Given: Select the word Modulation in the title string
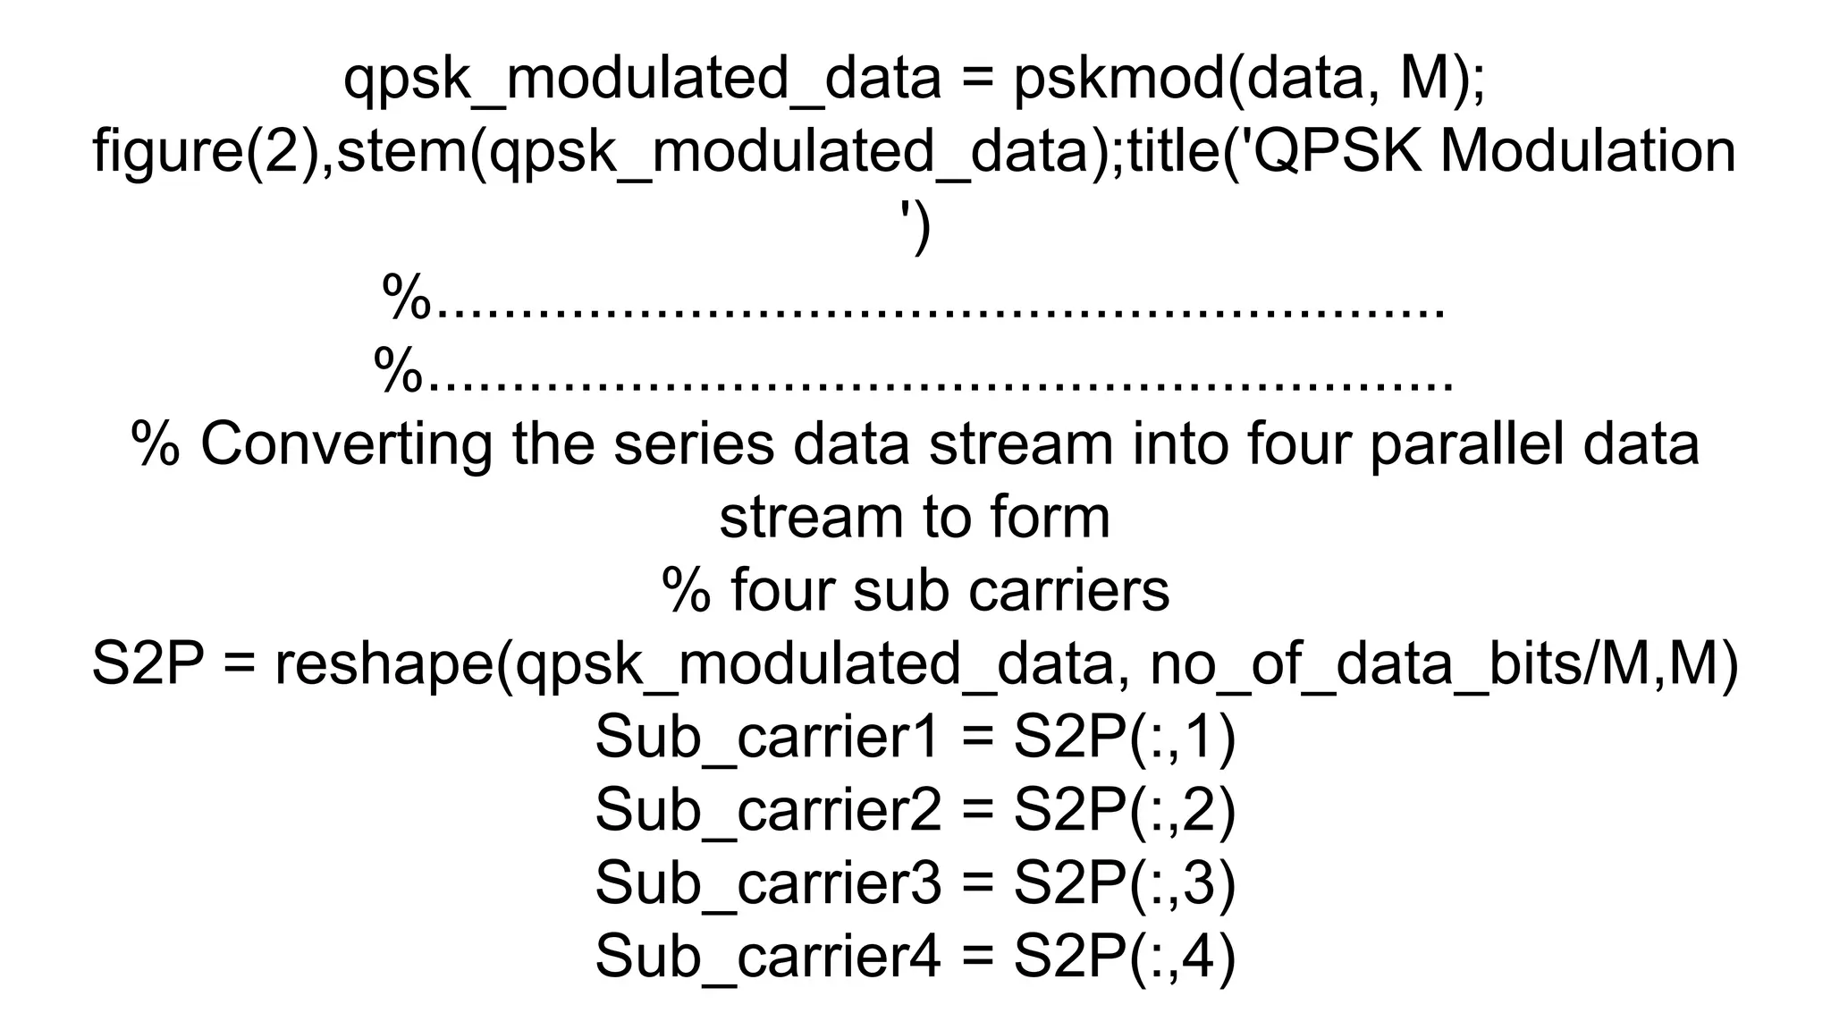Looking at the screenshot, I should tap(1588, 152).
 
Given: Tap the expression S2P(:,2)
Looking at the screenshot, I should tap(1124, 811).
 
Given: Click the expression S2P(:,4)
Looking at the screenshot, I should tap(1124, 957).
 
